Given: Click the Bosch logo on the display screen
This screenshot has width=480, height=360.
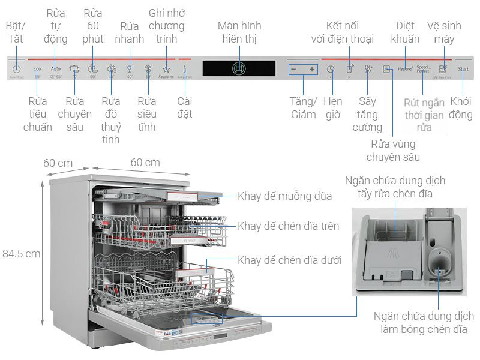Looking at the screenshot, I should (239, 68).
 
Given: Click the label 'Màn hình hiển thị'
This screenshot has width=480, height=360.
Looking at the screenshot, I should (239, 32).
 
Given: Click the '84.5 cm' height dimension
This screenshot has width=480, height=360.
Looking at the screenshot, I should (21, 253).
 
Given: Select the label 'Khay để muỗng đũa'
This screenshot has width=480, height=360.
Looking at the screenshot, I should (284, 196).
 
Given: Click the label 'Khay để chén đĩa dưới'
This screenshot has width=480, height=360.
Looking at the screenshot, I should (289, 260).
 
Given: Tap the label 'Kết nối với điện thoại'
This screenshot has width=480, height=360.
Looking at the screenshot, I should (342, 32).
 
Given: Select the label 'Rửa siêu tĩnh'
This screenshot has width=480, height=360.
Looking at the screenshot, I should (147, 114).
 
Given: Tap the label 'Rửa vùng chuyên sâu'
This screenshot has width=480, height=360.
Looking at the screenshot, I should (392, 151).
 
